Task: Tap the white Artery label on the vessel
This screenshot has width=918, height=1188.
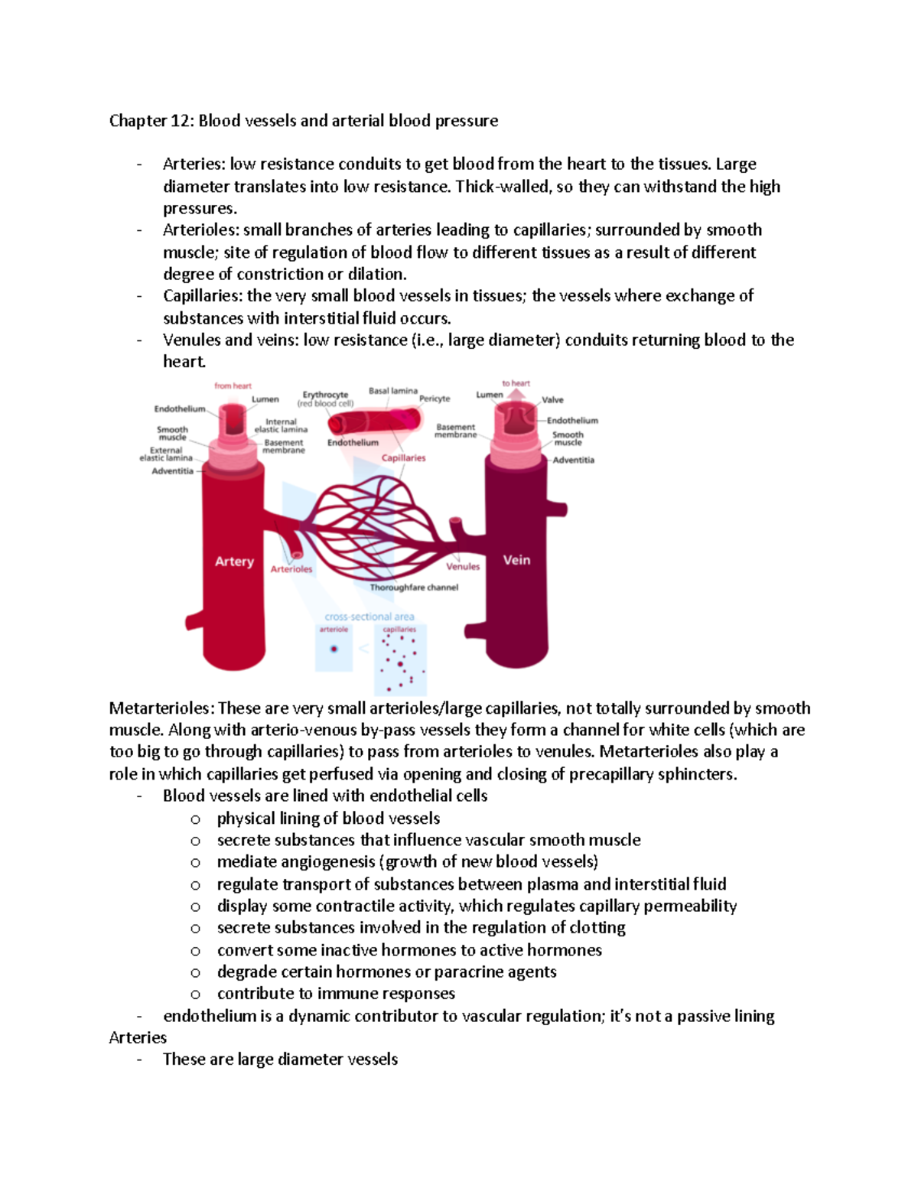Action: [234, 561]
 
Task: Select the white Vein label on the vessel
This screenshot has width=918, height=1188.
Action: [516, 560]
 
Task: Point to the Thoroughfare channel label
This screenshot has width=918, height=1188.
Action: [414, 587]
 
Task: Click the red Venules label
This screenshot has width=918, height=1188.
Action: [463, 567]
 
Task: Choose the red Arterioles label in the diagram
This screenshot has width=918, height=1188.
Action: [291, 569]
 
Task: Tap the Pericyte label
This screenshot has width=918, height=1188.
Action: [435, 399]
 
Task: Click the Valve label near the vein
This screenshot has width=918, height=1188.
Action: [552, 400]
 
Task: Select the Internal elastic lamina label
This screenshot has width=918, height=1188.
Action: [281, 425]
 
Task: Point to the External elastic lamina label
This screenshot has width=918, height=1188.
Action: [166, 454]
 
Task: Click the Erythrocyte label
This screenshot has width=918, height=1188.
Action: [325, 395]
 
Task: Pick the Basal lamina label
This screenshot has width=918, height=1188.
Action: [393, 391]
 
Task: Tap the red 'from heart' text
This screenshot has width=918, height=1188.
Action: [233, 386]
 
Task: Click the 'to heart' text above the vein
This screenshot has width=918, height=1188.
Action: [516, 383]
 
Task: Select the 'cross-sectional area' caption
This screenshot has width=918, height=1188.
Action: [369, 617]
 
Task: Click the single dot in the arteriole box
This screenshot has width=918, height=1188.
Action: [334, 649]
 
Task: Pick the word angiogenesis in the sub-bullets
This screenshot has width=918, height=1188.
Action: [328, 862]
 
